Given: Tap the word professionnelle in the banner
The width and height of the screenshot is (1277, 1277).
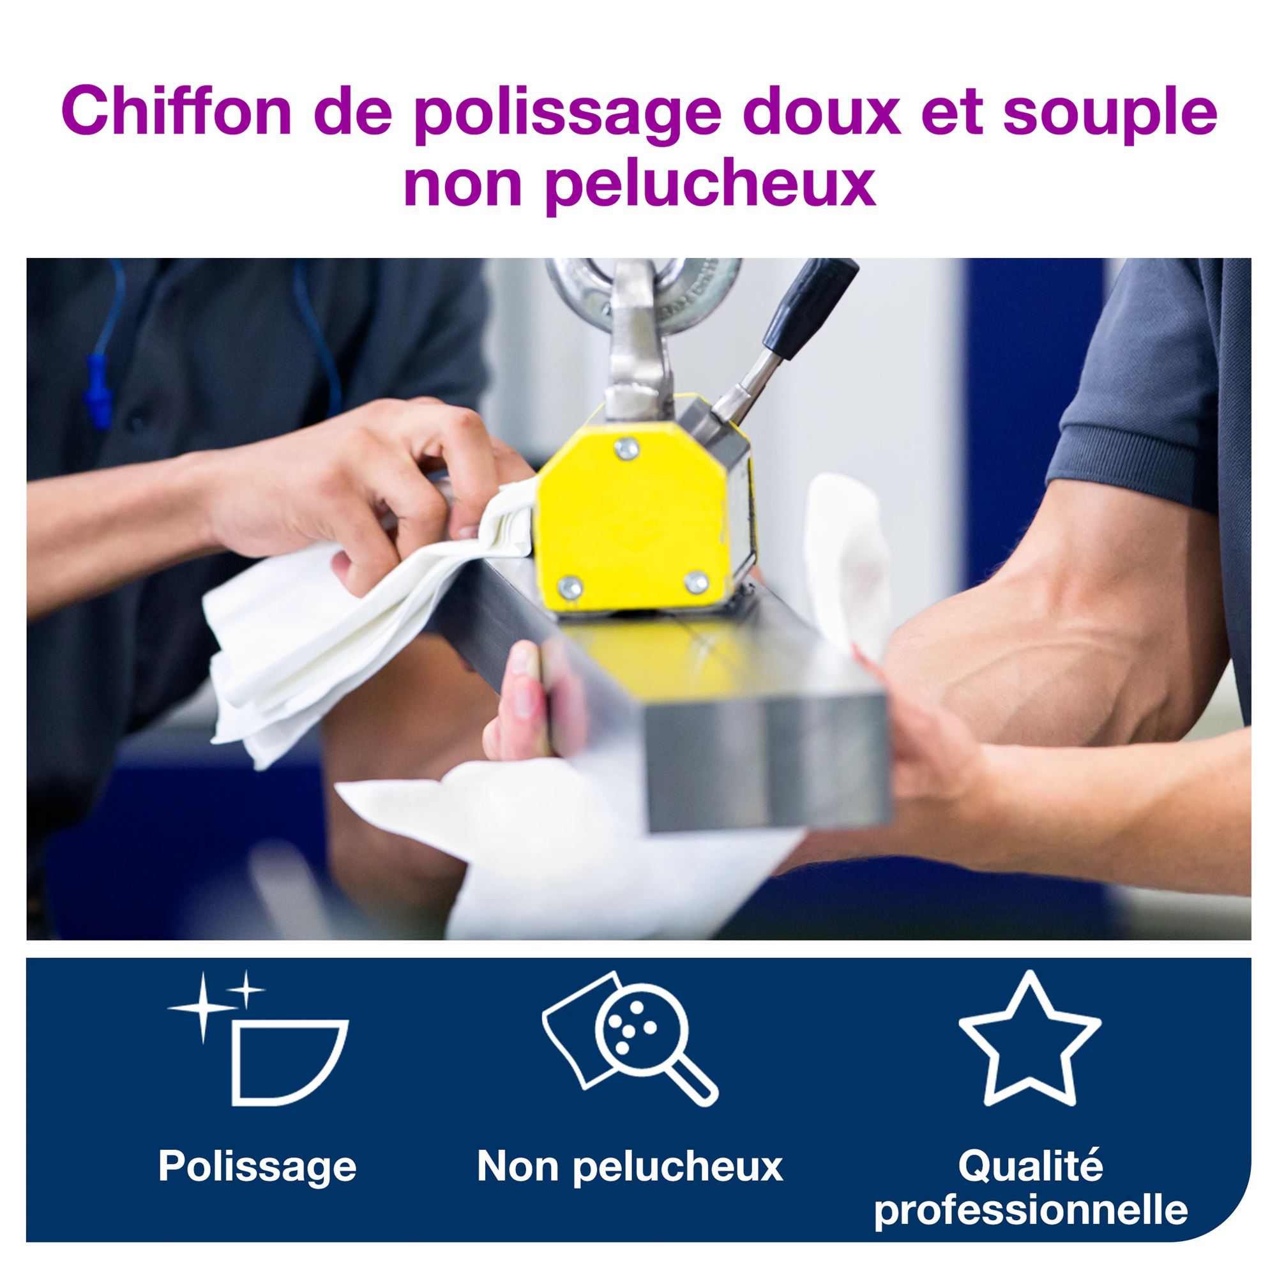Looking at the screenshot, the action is (1031, 1212).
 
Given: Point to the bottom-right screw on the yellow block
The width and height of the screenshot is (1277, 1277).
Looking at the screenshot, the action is (695, 582).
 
